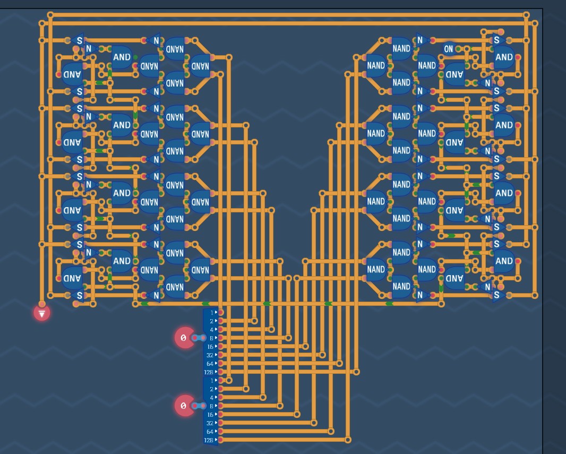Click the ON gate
click(449, 49)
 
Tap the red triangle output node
click(41, 313)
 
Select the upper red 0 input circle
click(184, 338)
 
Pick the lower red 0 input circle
click(184, 406)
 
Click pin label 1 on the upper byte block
click(212, 312)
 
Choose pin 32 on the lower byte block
click(211, 423)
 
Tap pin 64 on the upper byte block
click(211, 363)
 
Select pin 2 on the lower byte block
click(212, 389)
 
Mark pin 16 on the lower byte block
click(211, 414)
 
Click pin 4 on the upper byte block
click(212, 329)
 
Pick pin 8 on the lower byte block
click(212, 406)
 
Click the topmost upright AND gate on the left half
click(122, 57)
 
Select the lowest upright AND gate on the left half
click(122, 261)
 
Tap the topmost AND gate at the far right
click(504, 57)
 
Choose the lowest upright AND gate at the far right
click(504, 261)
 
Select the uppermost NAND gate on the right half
click(401, 48)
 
